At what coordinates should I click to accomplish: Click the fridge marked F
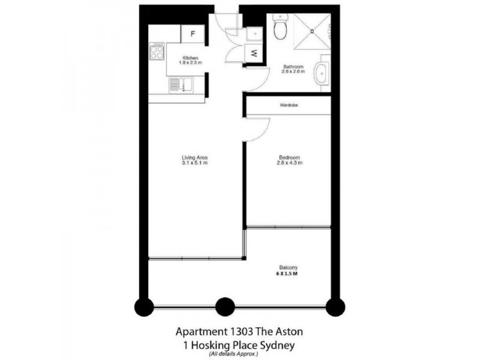(193, 34)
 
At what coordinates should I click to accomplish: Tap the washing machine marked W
(254, 53)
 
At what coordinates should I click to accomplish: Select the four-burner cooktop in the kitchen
(157, 52)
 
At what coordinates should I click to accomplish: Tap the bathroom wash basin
(322, 73)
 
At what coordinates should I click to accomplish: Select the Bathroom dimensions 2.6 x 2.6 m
(294, 71)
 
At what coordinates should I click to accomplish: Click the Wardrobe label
(289, 105)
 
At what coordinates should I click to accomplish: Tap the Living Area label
(194, 158)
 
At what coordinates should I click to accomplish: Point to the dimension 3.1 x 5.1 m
(194, 163)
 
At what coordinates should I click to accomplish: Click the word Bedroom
(289, 158)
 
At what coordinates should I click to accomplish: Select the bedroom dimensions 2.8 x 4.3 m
(289, 163)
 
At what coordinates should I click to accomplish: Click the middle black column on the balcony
(225, 307)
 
